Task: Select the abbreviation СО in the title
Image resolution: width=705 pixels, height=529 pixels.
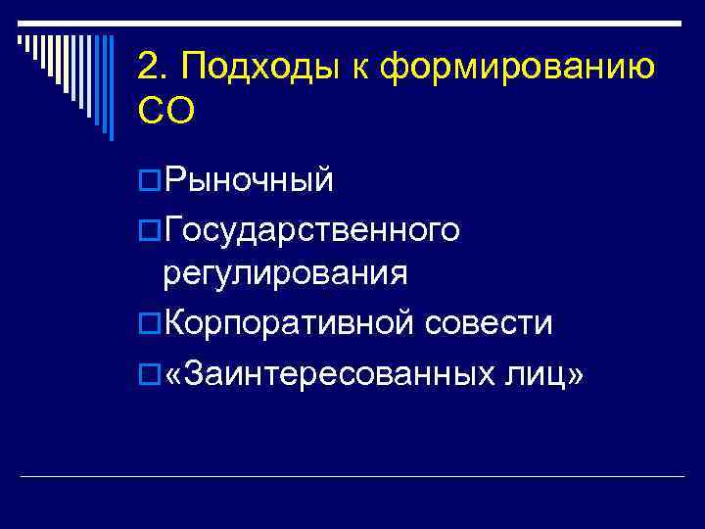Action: pos(166,111)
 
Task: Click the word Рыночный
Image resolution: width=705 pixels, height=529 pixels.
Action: pos(250,180)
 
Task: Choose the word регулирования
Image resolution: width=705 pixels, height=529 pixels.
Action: pos(286,272)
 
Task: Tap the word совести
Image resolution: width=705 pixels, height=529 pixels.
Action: pos(490,322)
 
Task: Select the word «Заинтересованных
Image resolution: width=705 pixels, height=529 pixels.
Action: pos(327,371)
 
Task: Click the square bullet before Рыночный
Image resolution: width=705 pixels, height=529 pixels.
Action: pos(149,180)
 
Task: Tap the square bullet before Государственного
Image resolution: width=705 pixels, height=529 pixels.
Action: pos(149,229)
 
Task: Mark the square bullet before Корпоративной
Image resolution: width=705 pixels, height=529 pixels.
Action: pos(149,323)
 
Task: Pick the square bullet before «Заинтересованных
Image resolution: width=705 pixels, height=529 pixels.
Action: pos(149,371)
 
